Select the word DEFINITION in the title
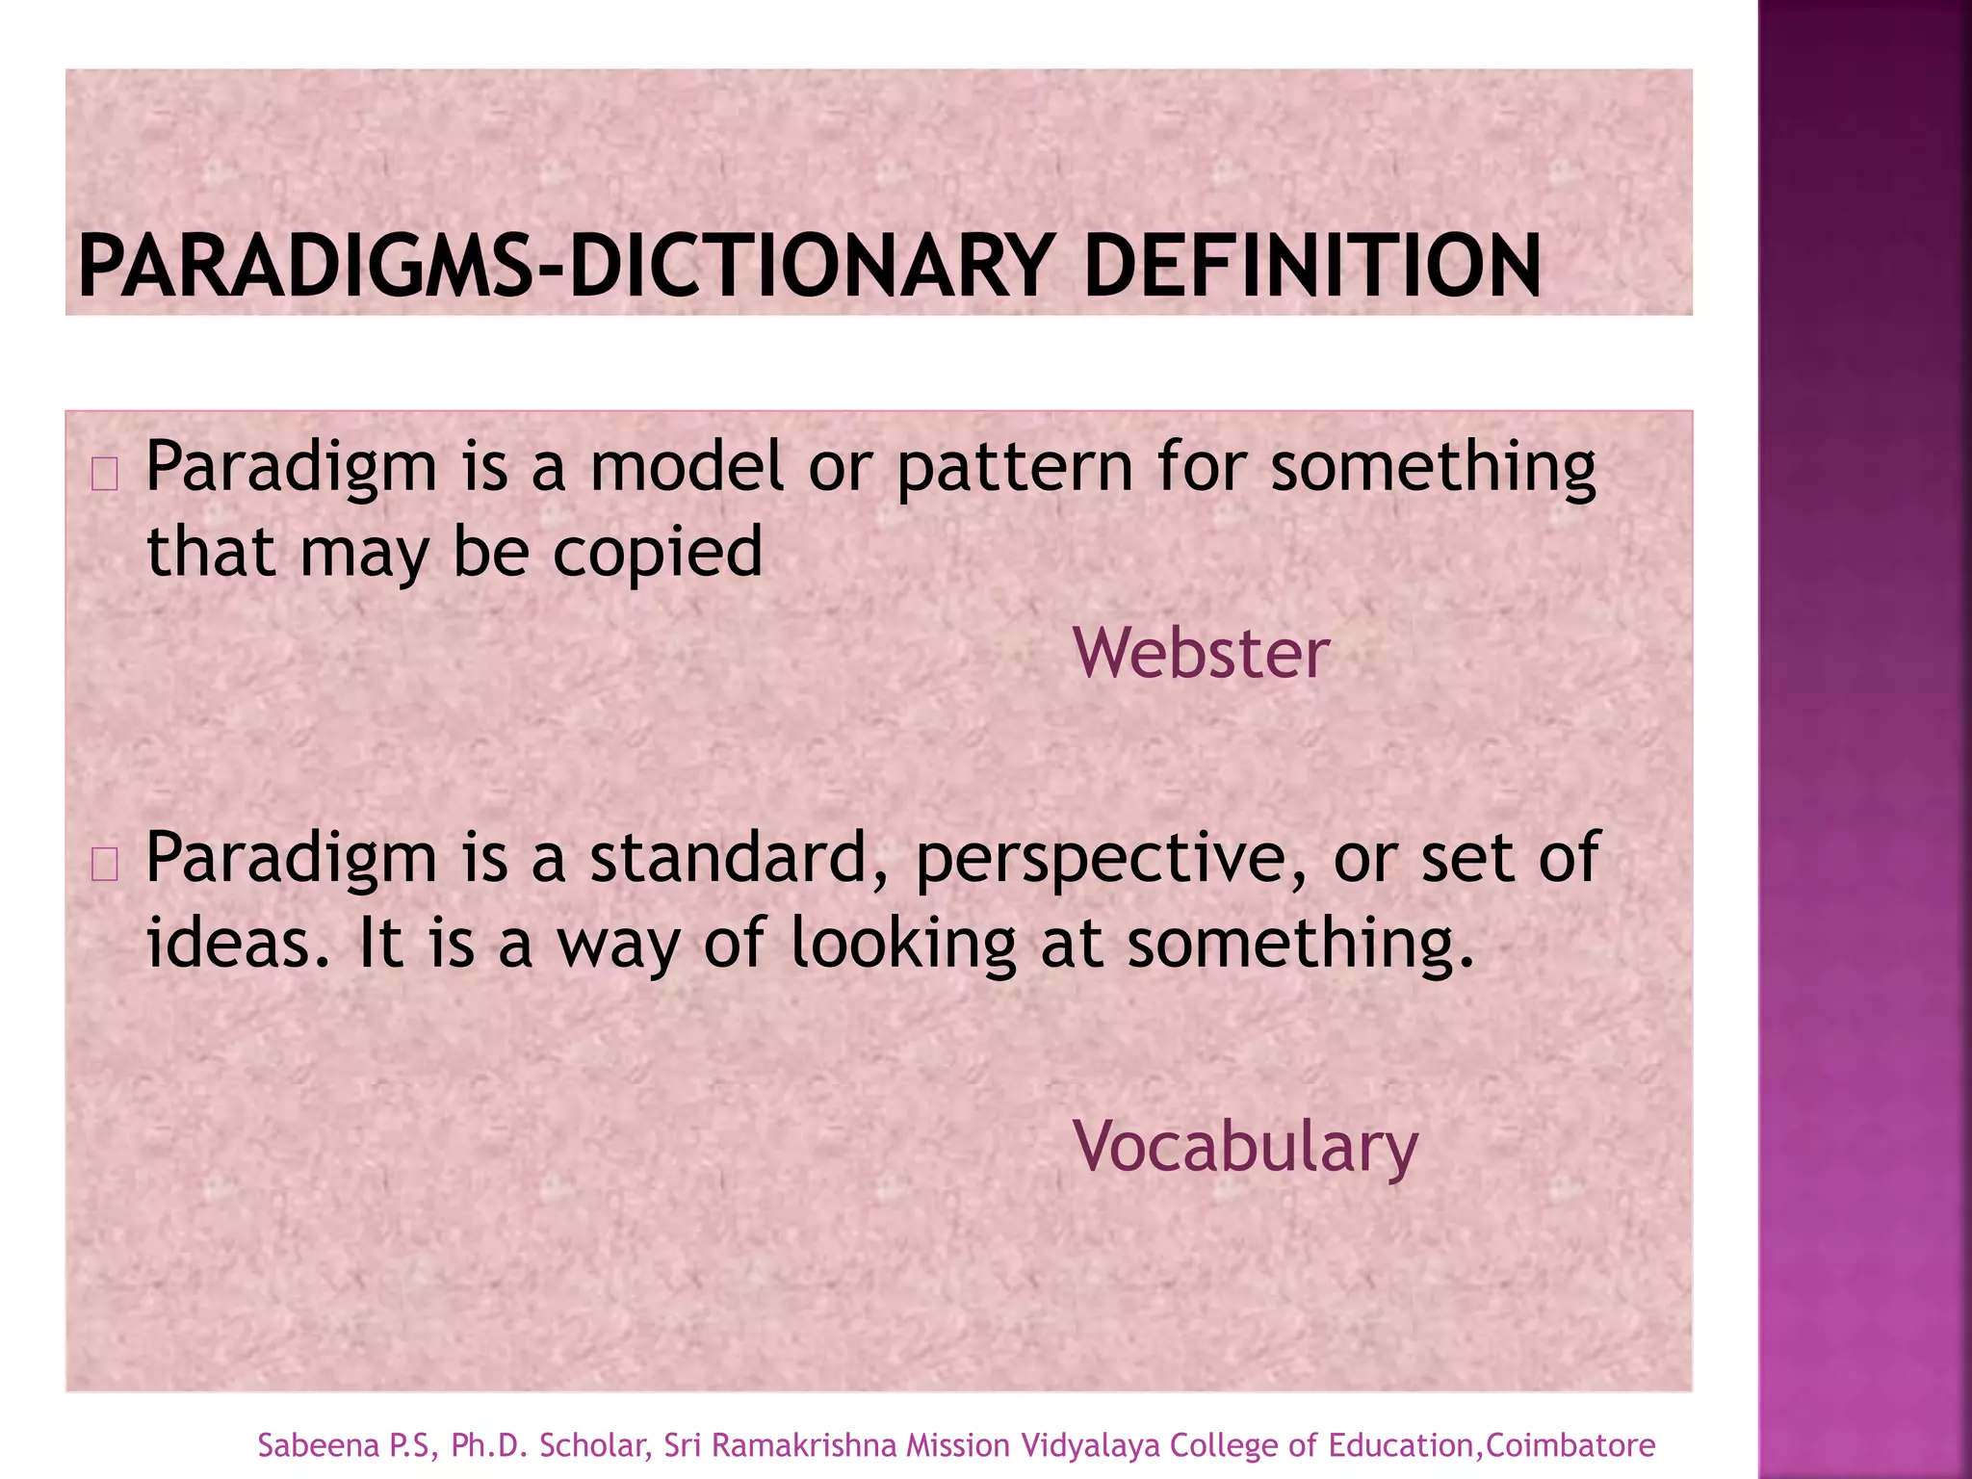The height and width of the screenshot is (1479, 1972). tap(1311, 267)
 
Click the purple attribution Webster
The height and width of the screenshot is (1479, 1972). tap(1201, 654)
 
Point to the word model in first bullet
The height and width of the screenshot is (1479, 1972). tap(687, 466)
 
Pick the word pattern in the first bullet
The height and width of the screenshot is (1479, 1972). tap(1014, 468)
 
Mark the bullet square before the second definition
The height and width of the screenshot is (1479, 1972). tap(104, 866)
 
